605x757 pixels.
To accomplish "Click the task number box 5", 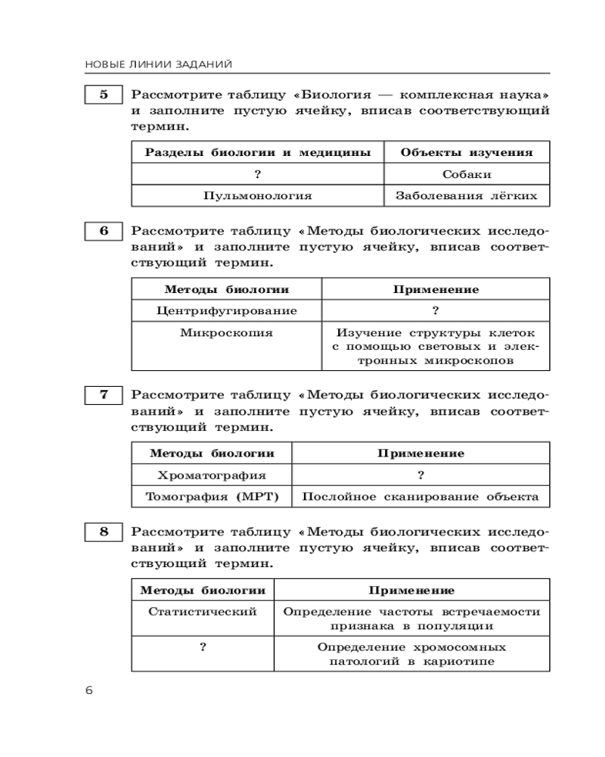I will coord(104,95).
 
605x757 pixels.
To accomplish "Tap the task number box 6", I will coord(104,232).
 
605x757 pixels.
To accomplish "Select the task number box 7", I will coord(104,395).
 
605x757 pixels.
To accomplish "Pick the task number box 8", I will coord(104,531).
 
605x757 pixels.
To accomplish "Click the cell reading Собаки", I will coord(467,174).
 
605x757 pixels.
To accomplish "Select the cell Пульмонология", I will coord(258,195).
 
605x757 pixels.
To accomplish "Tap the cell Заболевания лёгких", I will coord(467,195).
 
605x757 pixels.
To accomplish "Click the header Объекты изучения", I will coord(467,152).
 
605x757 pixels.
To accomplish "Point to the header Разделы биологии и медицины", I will coord(258,152).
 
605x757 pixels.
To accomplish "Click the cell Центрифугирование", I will coord(227,310).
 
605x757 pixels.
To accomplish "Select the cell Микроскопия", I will coord(227,332).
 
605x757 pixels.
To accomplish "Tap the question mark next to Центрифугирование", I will coord(436,310).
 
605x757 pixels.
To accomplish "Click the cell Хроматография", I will coord(212,475).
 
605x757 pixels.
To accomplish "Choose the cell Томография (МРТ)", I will coord(212,497).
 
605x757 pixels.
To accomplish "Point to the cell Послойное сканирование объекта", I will coord(420,497).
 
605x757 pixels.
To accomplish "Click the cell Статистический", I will coord(203,611).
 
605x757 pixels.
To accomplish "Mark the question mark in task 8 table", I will coord(203,647).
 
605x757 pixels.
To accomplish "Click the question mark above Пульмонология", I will coord(258,174).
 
